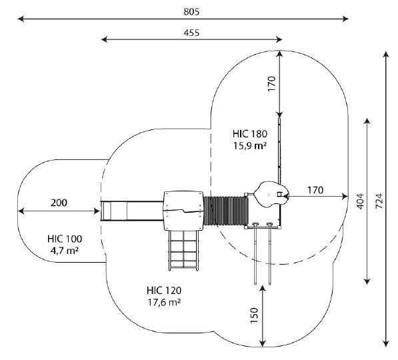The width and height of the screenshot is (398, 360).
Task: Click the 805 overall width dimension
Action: (x=191, y=12)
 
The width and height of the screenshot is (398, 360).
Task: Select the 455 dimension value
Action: (x=191, y=33)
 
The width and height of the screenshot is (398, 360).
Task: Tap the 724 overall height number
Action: (x=379, y=201)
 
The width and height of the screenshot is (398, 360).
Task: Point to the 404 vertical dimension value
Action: (x=360, y=201)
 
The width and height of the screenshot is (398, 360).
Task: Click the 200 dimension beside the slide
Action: (x=59, y=203)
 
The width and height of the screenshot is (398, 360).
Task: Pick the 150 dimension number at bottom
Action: (x=254, y=315)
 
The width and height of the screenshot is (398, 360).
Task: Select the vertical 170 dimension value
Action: (x=271, y=84)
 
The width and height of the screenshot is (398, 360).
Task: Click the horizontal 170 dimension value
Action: (x=315, y=190)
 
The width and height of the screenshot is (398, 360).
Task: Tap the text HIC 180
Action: (x=250, y=134)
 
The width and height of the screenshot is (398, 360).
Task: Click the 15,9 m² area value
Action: (x=250, y=146)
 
